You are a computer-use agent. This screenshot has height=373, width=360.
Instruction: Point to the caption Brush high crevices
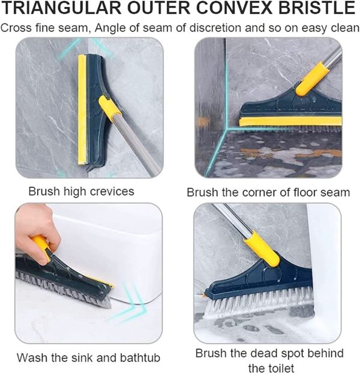coord(82,192)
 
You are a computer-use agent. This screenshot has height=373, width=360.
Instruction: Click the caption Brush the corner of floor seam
coord(268,192)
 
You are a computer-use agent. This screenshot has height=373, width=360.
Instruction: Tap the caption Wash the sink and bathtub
coord(88,357)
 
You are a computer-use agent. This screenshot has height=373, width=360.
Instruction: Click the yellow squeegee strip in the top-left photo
coord(82,108)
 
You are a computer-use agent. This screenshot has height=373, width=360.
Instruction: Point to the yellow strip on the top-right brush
coord(288,122)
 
